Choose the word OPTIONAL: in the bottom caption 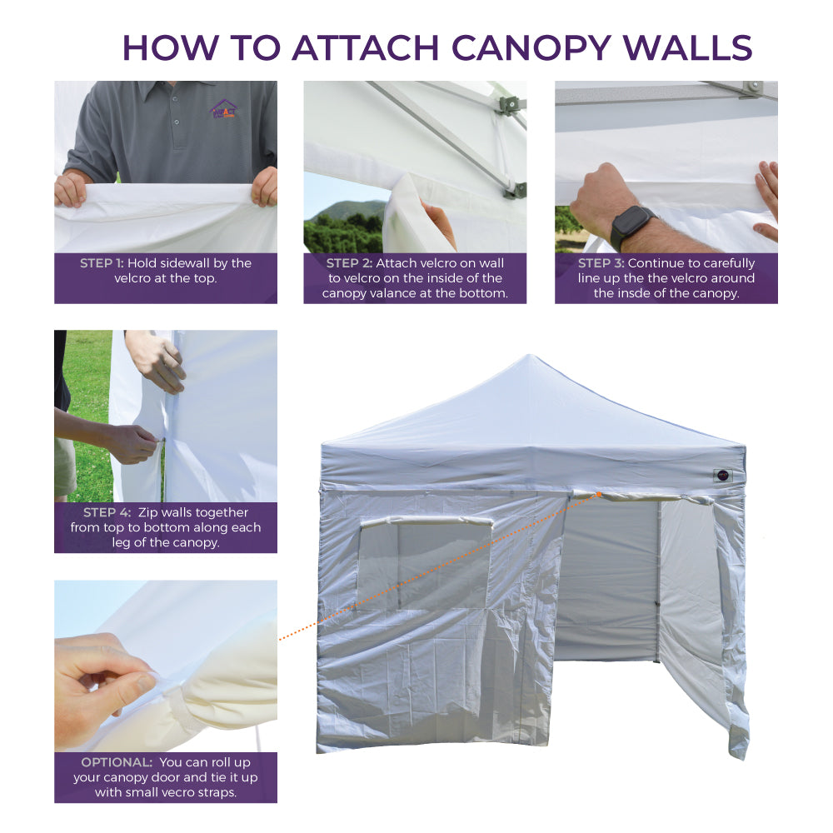116,762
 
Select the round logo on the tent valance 721,476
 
